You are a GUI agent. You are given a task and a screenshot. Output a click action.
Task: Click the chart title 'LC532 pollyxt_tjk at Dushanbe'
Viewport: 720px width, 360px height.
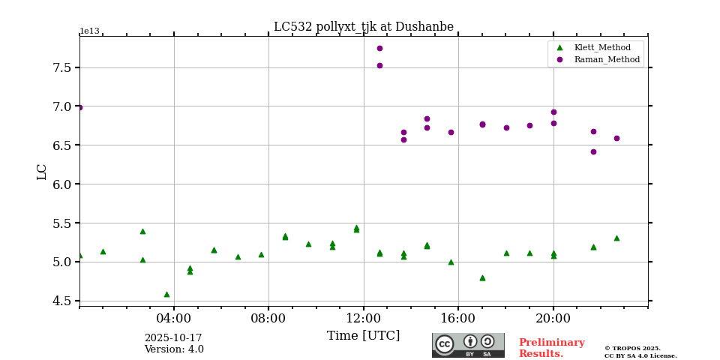(x=363, y=27)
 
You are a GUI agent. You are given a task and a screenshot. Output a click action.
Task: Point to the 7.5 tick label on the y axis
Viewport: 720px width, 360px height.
(x=62, y=67)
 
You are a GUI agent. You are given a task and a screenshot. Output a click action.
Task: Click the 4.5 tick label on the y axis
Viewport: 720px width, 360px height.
(x=62, y=301)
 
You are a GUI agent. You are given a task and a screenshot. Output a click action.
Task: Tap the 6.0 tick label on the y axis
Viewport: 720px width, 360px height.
(x=62, y=184)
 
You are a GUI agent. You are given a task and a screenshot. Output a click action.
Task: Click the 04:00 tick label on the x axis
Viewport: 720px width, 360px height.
(x=174, y=317)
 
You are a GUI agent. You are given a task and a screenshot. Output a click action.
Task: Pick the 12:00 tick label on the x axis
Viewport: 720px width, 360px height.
(x=364, y=317)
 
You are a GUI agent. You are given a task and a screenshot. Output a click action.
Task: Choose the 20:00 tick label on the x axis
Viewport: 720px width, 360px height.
(x=553, y=317)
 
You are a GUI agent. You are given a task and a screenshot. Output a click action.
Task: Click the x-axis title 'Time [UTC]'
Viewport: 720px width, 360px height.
(x=363, y=336)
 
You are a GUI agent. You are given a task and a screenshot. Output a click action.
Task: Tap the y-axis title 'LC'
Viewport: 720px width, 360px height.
(x=42, y=172)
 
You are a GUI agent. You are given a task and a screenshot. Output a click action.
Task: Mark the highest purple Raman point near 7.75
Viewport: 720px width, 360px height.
(x=379, y=48)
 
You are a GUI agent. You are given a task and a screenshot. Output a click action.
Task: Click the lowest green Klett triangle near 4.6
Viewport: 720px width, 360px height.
(x=166, y=294)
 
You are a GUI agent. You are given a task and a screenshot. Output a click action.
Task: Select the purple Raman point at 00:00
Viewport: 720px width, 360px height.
(x=79, y=107)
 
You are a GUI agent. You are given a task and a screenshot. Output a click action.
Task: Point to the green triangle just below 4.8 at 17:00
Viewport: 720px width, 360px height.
(x=482, y=277)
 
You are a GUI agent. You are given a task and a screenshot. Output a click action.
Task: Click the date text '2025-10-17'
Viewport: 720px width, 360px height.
(x=173, y=338)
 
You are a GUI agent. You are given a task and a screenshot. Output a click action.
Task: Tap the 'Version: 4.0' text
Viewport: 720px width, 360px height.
(x=173, y=349)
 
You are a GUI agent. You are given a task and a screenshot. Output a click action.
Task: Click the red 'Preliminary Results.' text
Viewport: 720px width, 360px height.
(x=551, y=348)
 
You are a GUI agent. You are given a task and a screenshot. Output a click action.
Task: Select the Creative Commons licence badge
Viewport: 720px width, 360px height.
(x=468, y=345)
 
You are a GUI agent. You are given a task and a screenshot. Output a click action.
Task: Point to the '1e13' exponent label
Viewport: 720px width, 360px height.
(x=89, y=31)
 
